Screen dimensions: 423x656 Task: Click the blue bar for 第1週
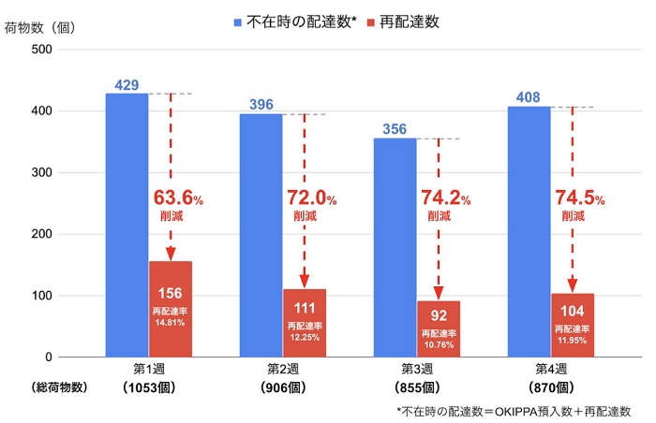pos(127,225)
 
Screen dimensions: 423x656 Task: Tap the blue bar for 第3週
pos(395,247)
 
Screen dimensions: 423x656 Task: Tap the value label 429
pos(127,85)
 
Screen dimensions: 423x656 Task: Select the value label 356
pos(395,130)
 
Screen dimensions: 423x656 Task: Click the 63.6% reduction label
pos(176,197)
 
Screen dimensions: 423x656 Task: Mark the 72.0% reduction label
pos(310,197)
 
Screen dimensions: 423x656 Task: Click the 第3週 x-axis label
pos(416,369)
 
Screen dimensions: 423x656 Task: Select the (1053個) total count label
pos(148,387)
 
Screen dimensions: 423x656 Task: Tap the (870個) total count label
pos(550,387)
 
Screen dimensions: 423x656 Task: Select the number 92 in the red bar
pos(439,315)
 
